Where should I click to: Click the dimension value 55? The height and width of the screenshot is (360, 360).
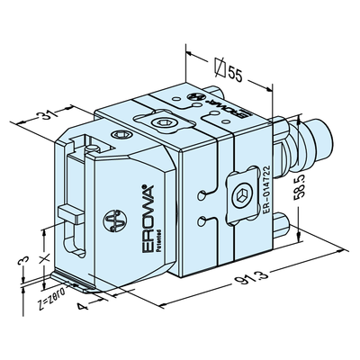pyautogui.click(x=235, y=74)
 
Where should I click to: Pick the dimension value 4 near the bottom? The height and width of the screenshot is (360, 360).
pyautogui.click(x=82, y=307)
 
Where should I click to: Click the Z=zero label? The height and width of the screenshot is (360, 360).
pyautogui.click(x=52, y=297)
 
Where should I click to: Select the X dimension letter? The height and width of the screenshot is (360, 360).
pyautogui.click(x=45, y=258)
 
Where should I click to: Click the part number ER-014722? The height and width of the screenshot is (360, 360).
pyautogui.click(x=266, y=190)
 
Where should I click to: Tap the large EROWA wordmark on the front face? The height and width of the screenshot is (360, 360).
pyautogui.click(x=148, y=219)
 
